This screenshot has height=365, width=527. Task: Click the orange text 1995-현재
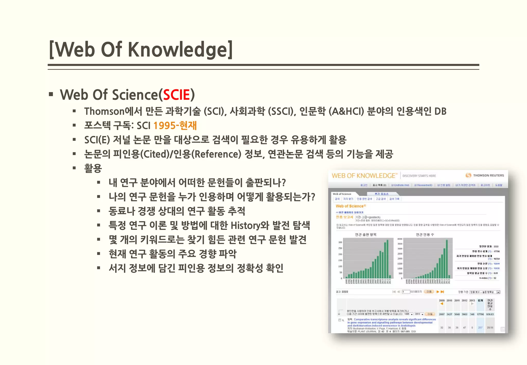point(175,126)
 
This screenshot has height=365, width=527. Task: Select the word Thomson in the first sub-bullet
point(104,111)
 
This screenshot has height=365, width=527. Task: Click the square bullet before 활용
point(74,168)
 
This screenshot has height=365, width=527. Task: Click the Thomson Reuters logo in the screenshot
point(485,176)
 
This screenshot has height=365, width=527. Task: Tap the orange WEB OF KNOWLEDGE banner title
point(364,176)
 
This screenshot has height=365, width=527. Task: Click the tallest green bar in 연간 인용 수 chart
point(447,259)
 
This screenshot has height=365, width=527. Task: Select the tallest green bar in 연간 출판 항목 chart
point(388,259)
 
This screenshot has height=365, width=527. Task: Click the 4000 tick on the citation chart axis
point(400,239)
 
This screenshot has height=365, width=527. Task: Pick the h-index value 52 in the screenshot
point(495,278)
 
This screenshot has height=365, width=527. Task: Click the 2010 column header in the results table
point(449,301)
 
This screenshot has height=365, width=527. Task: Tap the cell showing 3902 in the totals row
point(464,314)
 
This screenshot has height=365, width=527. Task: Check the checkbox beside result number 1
point(340,320)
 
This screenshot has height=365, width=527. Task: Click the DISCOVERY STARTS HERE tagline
point(419,176)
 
